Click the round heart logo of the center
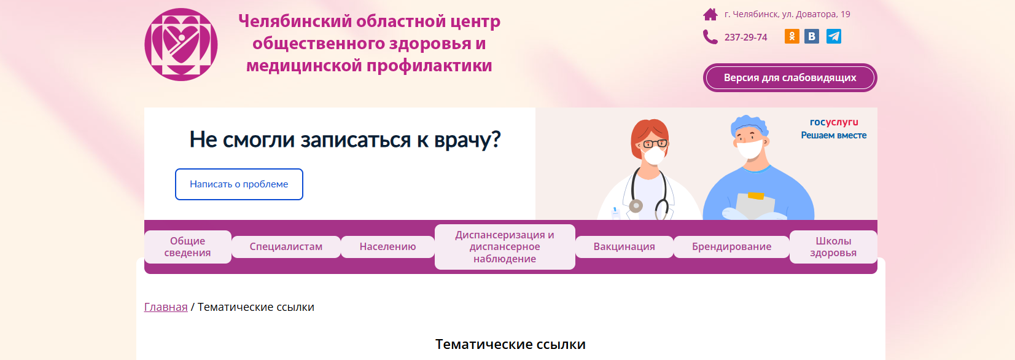tap(181, 44)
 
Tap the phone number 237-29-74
tap(745, 37)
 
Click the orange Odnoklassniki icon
tap(791, 36)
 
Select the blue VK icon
tap(812, 36)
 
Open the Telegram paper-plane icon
tap(834, 36)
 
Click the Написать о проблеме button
tap(239, 184)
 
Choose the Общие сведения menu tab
tap(188, 246)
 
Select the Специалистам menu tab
tap(286, 246)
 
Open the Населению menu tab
tap(387, 246)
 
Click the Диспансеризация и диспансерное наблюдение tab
tap(505, 246)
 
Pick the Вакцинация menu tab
tap(624, 246)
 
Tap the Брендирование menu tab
tap(731, 246)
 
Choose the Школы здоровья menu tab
tap(833, 246)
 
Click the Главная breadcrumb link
tap(166, 307)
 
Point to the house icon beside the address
tap(710, 15)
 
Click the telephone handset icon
tap(710, 37)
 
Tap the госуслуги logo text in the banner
tap(834, 122)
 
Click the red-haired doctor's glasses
tap(655, 144)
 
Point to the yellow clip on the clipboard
tap(756, 196)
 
